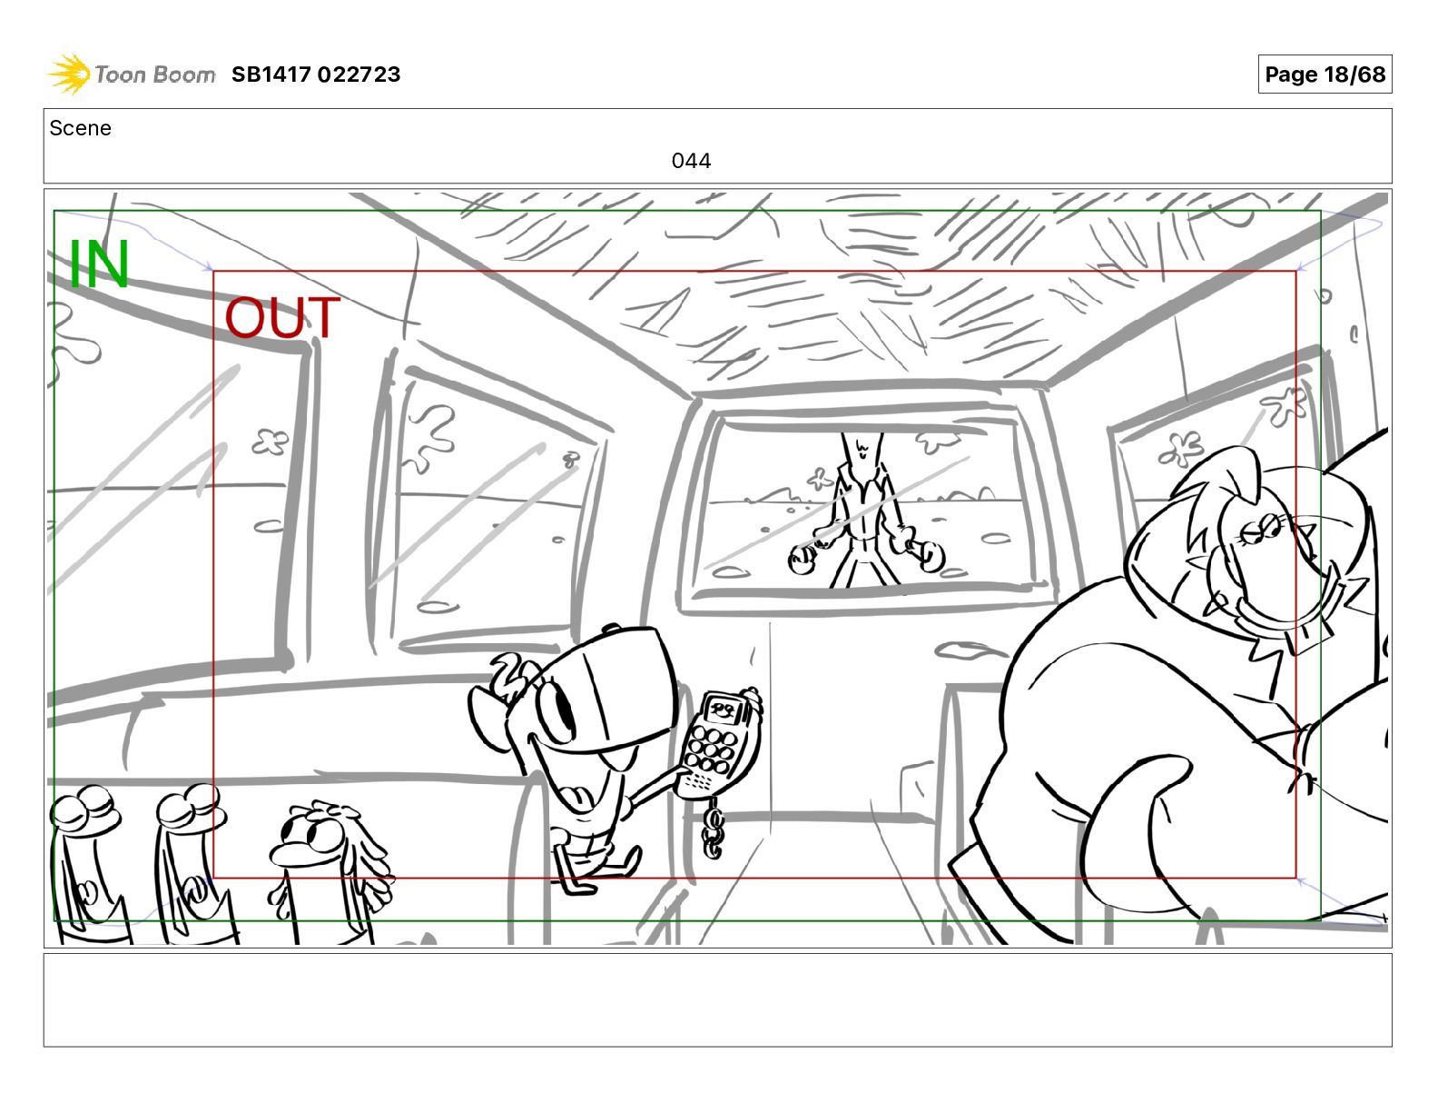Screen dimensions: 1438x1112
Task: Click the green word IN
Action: point(99,263)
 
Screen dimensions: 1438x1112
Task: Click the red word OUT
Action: point(282,318)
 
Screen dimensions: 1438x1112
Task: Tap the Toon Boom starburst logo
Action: point(69,74)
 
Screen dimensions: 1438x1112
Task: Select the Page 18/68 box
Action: point(1325,74)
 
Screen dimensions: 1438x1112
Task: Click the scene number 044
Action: point(691,161)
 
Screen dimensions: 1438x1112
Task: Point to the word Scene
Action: point(80,128)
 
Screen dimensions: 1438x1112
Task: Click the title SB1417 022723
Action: point(316,74)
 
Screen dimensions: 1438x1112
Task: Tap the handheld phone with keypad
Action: point(716,741)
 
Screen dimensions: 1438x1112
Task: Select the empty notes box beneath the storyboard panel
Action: point(718,1000)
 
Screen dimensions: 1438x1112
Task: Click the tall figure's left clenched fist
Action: point(803,559)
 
